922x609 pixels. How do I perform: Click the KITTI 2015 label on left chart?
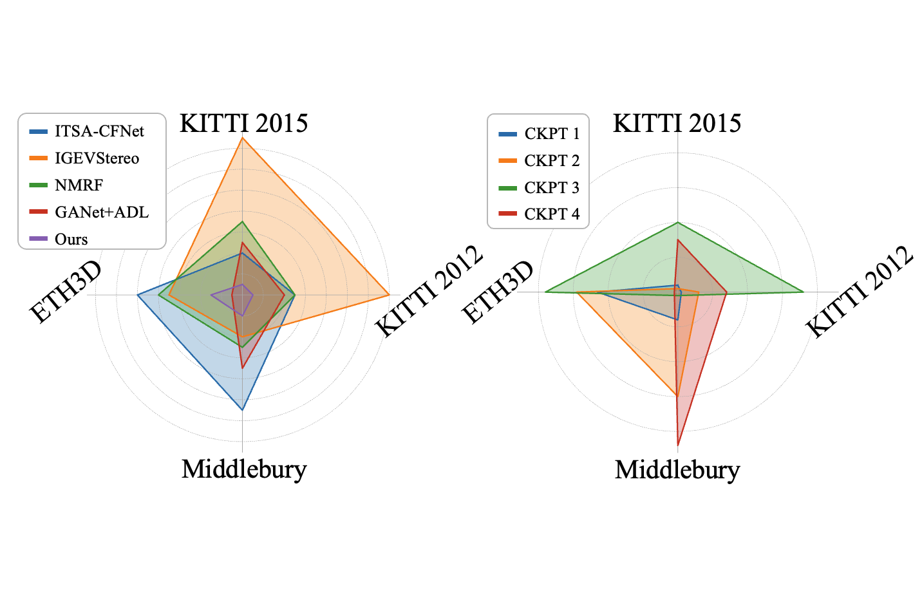243,123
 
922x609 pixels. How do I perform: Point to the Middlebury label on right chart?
677,470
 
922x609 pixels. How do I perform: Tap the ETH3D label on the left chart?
66,292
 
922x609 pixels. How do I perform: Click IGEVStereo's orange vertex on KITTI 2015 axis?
242,137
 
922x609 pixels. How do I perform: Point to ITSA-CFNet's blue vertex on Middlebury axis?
242,410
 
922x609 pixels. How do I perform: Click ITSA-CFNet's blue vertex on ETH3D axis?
137,295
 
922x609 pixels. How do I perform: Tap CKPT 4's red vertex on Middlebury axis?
677,445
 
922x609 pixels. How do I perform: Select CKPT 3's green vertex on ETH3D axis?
545,292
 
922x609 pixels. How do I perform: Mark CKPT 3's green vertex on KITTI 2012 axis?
804,292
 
